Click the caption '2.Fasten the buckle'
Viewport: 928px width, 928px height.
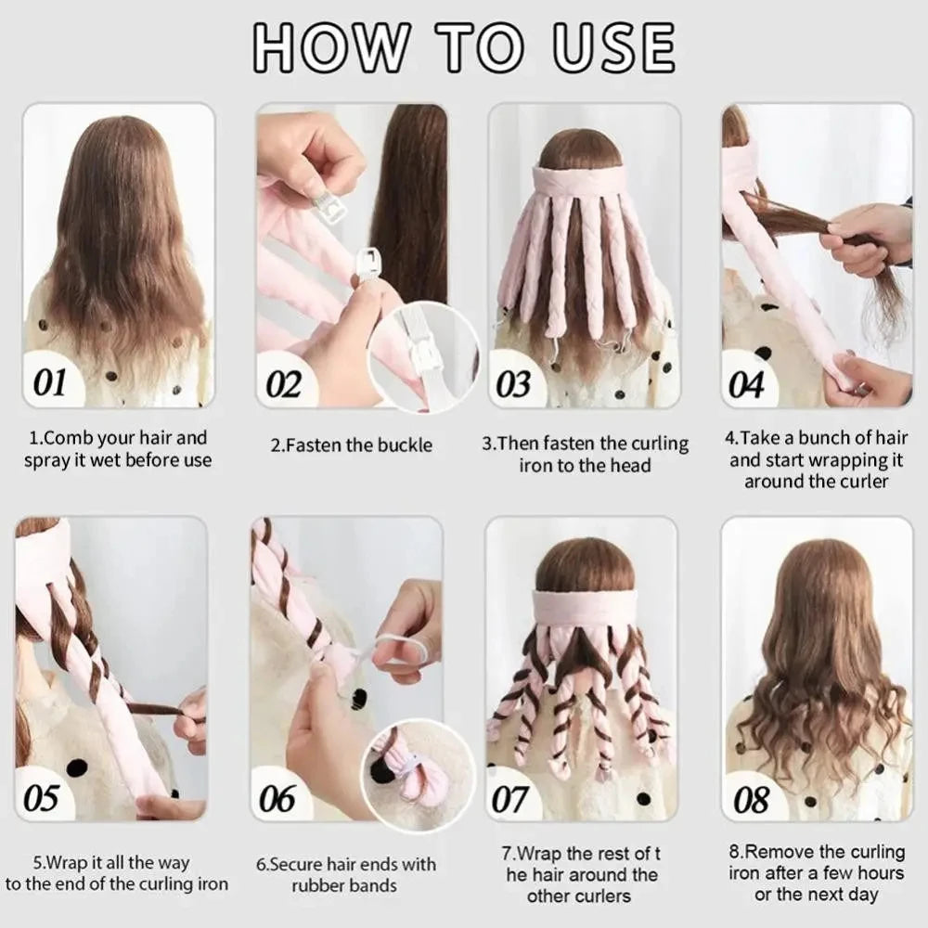point(351,445)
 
